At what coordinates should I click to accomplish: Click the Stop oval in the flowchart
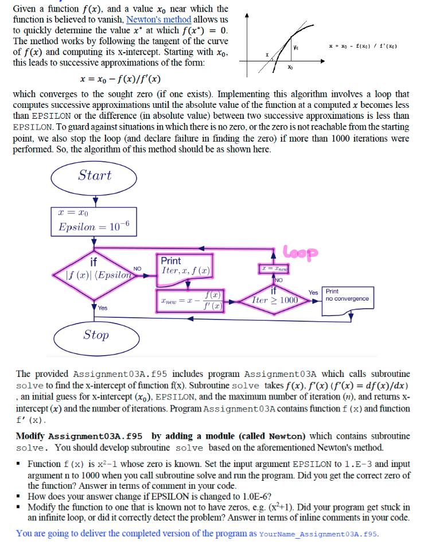[95, 334]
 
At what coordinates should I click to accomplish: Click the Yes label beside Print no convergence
[313, 292]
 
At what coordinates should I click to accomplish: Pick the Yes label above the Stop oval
[102, 307]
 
